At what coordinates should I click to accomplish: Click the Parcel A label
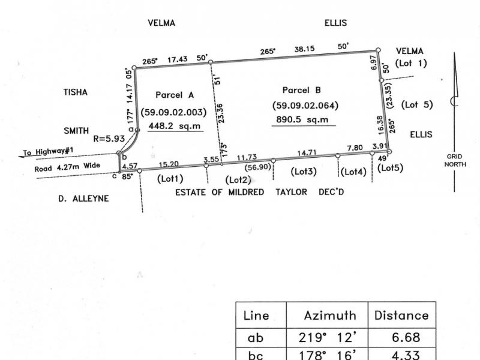(174, 95)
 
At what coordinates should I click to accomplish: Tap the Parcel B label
(302, 90)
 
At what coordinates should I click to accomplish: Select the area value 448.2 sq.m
(173, 125)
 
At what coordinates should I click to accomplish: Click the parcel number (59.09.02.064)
(305, 106)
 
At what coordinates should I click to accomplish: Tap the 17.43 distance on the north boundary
(178, 59)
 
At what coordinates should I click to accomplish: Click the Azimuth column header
(330, 315)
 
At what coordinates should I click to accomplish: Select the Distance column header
(401, 315)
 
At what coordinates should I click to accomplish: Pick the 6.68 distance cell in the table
(406, 338)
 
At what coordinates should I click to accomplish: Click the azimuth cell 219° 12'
(329, 338)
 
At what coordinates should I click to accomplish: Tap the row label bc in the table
(256, 355)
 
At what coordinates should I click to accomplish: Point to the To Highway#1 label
(46, 154)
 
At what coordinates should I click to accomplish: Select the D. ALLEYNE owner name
(83, 198)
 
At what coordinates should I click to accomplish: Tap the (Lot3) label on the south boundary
(304, 172)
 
